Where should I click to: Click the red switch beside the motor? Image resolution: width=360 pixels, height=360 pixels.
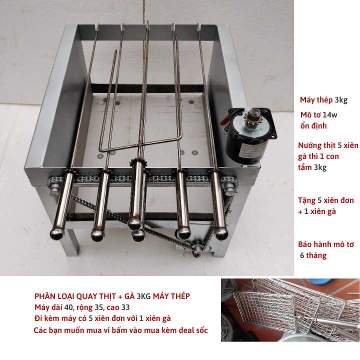pyautogui.click(x=224, y=120)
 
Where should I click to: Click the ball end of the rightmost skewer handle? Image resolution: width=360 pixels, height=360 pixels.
pyautogui.click(x=221, y=233)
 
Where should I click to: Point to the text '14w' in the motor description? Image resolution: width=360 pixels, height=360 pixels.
pyautogui.click(x=330, y=114)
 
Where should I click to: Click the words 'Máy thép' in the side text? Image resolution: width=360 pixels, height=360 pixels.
pyautogui.click(x=316, y=100)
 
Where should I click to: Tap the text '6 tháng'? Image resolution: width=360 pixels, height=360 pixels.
pyautogui.click(x=313, y=255)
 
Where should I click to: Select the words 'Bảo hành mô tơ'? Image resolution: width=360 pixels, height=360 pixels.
pyautogui.click(x=326, y=244)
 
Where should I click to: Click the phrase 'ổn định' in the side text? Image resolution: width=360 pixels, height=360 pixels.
pyautogui.click(x=313, y=125)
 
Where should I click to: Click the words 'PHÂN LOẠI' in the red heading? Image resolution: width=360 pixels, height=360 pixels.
pyautogui.click(x=54, y=296)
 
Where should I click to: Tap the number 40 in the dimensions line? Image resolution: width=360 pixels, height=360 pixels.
pyautogui.click(x=68, y=307)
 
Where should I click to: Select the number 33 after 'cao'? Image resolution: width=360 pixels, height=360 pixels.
pyautogui.click(x=125, y=307)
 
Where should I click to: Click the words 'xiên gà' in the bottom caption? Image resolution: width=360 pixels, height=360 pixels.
pyautogui.click(x=158, y=318)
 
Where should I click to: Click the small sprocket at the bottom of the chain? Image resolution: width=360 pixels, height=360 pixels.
pyautogui.click(x=197, y=249)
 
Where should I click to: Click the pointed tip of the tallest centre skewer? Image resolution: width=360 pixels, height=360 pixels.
pyautogui.click(x=148, y=21)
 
